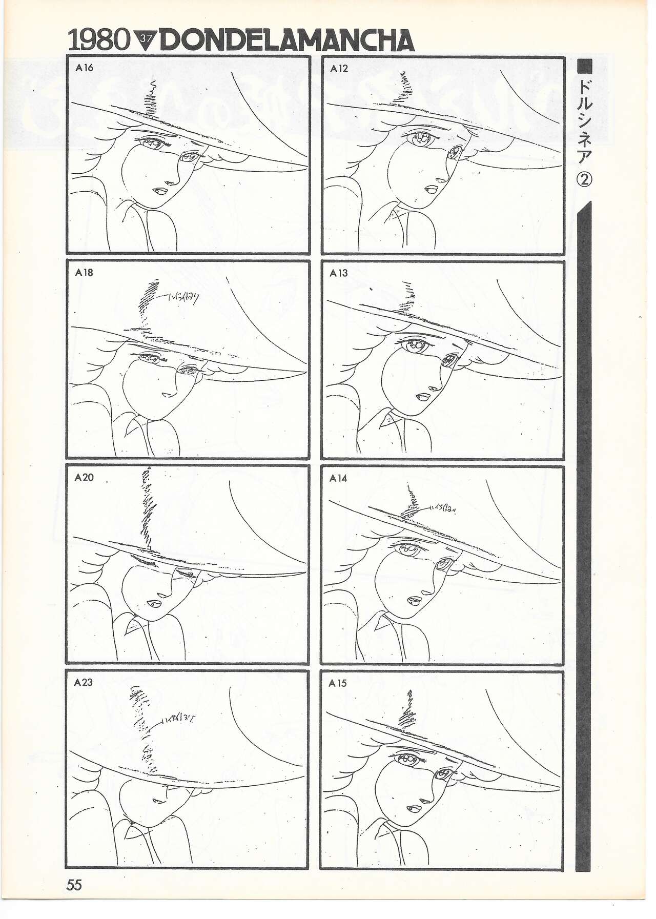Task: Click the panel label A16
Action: coord(84,67)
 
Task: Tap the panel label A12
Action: coord(339,68)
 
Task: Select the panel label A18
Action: coord(84,273)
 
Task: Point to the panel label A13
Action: coord(338,273)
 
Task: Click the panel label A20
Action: coord(84,477)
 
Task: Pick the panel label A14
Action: coord(338,478)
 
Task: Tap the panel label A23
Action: coord(84,682)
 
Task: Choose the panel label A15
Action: coord(338,683)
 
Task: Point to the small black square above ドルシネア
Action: coord(585,66)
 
